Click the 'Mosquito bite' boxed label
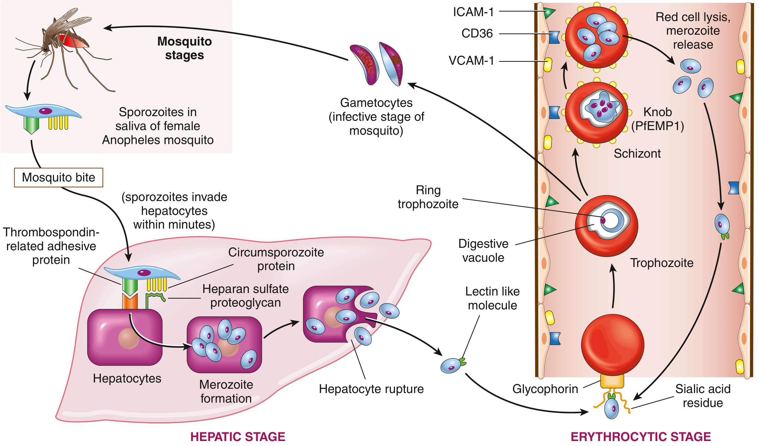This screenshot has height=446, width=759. tap(59, 177)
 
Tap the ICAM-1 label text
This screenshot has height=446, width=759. tap(473, 12)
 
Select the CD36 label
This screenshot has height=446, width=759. tap(477, 33)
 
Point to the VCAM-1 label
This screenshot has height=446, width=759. tap(471, 61)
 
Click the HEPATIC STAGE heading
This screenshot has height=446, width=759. tap(237, 437)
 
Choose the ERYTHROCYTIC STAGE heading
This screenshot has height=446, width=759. tap(641, 437)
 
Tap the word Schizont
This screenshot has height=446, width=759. tap(637, 154)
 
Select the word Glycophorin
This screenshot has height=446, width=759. tap(545, 389)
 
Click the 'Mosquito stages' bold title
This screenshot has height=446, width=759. tap(184, 48)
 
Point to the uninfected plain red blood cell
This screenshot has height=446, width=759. tap(612, 345)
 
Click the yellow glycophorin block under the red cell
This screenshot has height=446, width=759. tap(612, 381)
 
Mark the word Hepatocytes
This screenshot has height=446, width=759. tap(127, 378)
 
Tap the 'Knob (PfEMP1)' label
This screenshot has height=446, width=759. tap(658, 119)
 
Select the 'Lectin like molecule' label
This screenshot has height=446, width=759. tap(492, 298)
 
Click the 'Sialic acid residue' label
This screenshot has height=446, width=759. tap(703, 396)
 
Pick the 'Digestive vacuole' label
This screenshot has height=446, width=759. tap(483, 251)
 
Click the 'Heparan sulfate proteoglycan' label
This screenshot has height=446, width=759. tap(246, 296)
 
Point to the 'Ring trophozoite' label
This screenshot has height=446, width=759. tap(428, 197)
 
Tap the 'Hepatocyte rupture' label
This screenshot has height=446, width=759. tap(371, 389)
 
